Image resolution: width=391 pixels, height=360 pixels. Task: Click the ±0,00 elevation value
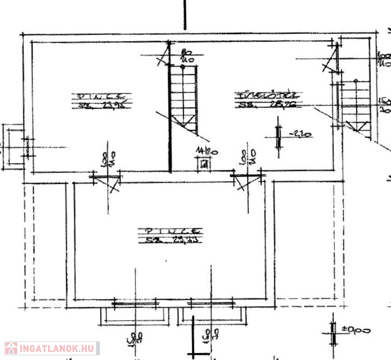click(x=357, y=330)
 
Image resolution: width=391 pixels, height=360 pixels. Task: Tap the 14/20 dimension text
click(x=205, y=151)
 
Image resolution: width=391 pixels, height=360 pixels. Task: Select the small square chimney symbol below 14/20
click(x=204, y=164)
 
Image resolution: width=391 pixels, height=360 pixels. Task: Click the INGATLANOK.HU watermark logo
click(x=52, y=348)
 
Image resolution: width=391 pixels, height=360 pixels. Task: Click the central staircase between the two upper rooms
click(x=183, y=98)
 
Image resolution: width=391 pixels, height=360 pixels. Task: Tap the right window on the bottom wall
click(x=211, y=304)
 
